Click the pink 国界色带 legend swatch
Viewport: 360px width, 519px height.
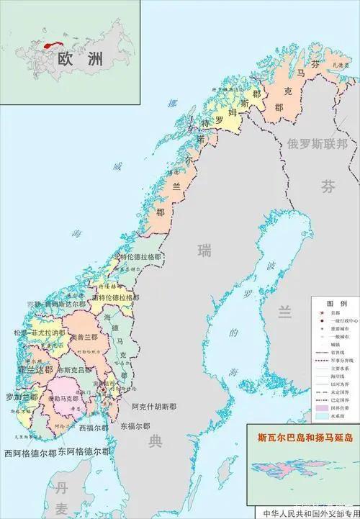322,409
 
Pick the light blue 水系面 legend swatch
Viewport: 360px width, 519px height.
322,418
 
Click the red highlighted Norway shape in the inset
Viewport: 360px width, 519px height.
50,43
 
